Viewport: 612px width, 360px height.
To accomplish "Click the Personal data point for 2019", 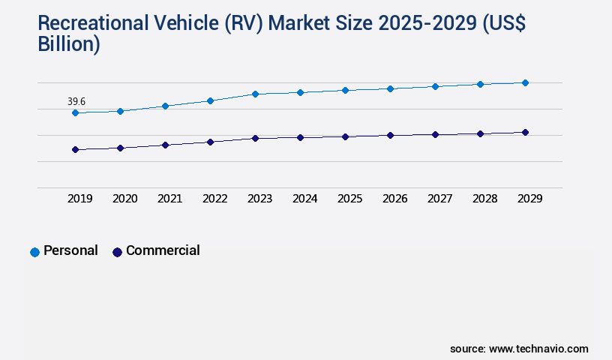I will click(75, 112).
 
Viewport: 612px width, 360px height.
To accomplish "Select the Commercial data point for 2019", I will click(75, 149).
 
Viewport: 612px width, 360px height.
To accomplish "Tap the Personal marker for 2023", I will click(255, 94).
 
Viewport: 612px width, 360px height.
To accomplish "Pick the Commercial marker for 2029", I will click(525, 132).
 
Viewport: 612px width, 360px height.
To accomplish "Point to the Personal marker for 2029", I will click(525, 82).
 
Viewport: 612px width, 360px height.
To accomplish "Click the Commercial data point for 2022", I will click(210, 142).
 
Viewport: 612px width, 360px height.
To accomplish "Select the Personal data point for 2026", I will click(390, 88).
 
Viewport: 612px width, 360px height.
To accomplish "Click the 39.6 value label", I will click(76, 101).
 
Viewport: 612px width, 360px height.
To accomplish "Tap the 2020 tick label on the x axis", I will click(124, 199).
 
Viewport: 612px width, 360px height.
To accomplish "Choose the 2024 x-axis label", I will click(304, 199).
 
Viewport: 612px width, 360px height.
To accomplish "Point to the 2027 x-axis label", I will click(439, 199).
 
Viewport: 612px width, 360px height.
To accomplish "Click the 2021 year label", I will click(169, 199).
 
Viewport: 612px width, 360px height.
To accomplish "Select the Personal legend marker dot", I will click(34, 252).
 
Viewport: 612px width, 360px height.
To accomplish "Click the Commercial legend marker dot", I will click(117, 252).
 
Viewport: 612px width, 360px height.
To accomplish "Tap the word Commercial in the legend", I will click(163, 250).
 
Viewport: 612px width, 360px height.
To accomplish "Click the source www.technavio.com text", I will click(519, 349).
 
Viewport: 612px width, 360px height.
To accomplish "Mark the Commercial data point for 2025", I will click(345, 136).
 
